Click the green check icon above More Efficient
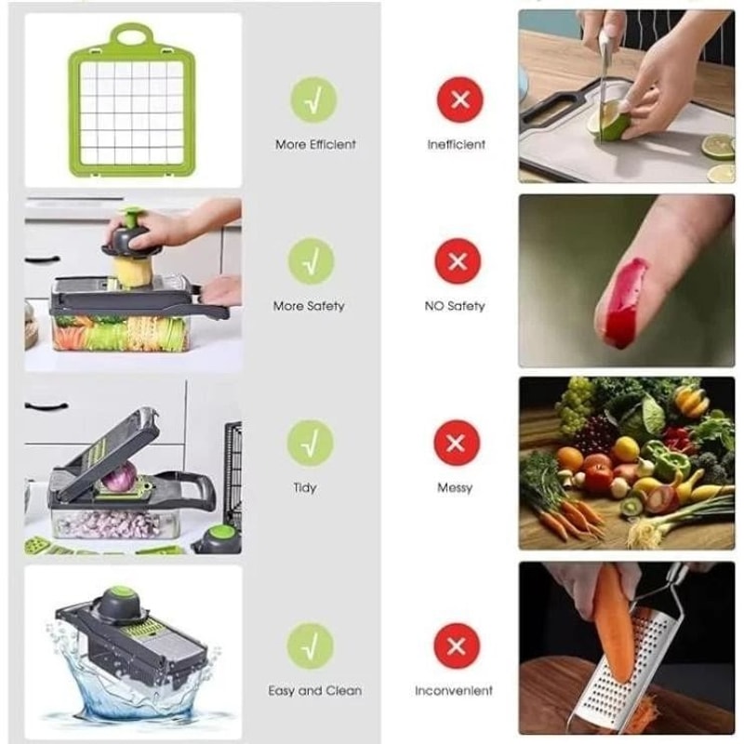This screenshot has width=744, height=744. coord(313,100)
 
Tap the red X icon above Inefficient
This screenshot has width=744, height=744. coord(458,100)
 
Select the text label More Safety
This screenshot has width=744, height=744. coord(309,306)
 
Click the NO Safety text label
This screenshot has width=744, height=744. coord(455,306)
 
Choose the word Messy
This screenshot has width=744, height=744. coord(455,487)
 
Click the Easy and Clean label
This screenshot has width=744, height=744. coord(314,691)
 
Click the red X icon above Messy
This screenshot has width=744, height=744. coord(457,443)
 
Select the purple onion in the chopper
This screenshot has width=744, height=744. coord(118,479)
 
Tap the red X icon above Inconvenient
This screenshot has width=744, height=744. coord(457,645)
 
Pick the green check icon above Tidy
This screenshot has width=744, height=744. coord(310,443)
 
